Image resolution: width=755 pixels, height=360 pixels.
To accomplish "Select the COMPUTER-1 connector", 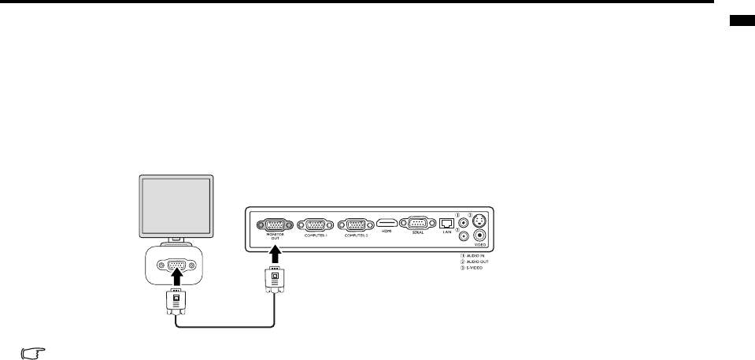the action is tap(313, 224).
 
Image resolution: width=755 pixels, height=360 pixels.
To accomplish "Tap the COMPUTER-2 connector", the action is tap(356, 224).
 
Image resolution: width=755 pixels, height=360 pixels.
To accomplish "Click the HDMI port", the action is tap(387, 224).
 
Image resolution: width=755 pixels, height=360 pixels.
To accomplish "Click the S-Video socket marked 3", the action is tap(480, 220).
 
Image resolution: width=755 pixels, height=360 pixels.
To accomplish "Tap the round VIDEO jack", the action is tap(480, 234).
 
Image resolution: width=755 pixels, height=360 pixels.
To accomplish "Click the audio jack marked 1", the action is tap(463, 220).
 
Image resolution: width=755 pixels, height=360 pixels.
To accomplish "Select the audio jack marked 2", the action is tap(463, 234).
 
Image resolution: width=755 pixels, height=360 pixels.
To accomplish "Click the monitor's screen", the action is tap(176, 204).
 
